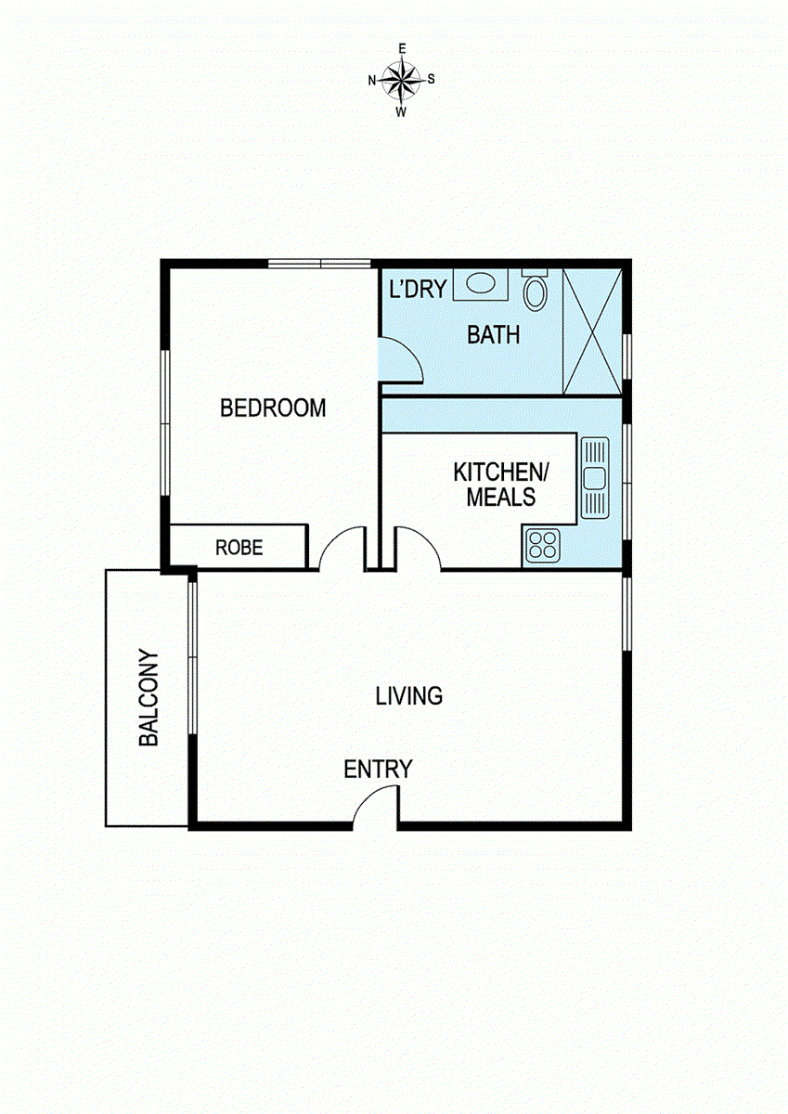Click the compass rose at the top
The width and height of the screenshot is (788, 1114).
[402, 79]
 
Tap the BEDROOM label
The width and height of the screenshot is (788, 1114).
[273, 408]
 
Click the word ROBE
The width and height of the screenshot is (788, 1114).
[239, 548]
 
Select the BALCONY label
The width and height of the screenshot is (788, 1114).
[149, 698]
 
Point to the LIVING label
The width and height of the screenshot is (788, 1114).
[408, 695]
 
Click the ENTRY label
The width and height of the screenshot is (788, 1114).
[378, 770]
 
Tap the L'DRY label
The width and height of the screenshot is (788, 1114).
[417, 289]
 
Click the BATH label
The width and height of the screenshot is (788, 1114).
[493, 335]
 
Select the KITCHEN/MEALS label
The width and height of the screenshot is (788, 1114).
[501, 484]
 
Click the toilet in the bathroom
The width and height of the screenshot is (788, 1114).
[536, 291]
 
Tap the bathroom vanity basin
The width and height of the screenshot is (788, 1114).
[480, 284]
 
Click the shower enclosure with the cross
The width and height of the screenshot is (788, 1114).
[592, 331]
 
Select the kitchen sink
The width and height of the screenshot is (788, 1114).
[593, 478]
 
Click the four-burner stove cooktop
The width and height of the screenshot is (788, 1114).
[541, 546]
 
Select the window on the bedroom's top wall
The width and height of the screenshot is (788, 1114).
[320, 264]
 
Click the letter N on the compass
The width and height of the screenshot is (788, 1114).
[372, 81]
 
